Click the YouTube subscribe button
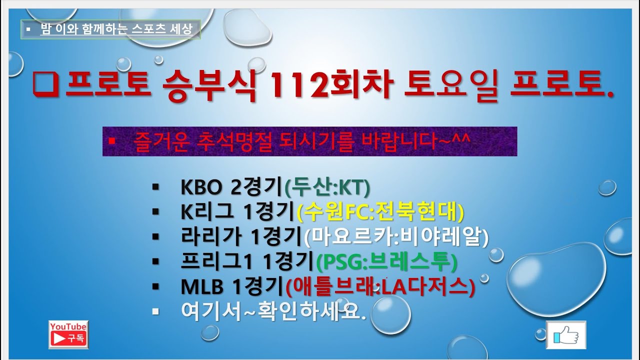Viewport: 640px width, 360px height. (68, 334)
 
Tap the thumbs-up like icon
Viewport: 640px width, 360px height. (566, 335)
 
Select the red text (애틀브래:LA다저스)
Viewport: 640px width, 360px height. (379, 286)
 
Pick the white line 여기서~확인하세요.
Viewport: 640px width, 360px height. (273, 311)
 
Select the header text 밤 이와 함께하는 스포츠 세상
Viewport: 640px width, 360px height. (115, 29)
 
